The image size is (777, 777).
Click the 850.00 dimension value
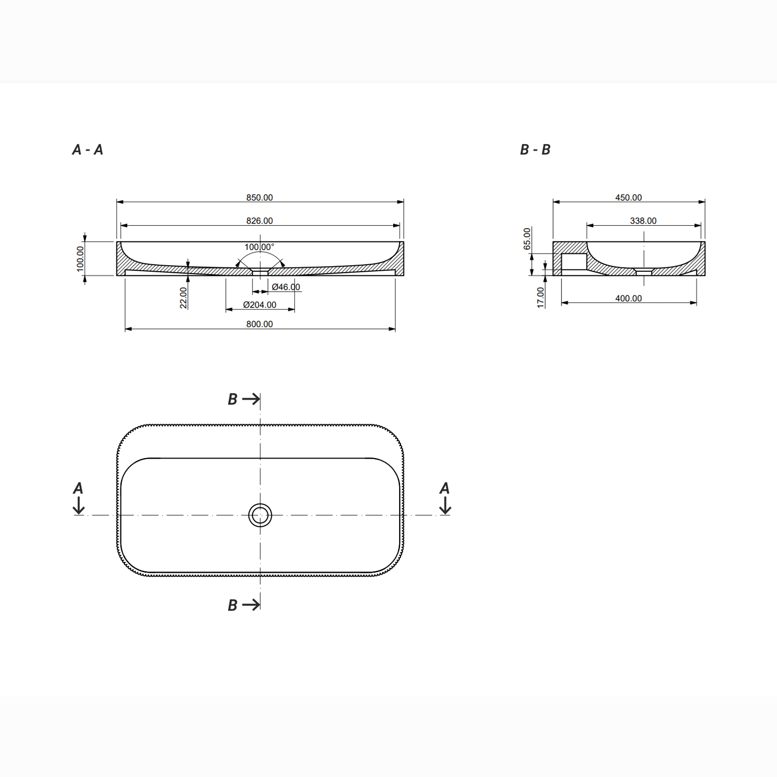pyautogui.click(x=259, y=197)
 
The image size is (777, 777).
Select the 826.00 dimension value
pyautogui.click(x=259, y=221)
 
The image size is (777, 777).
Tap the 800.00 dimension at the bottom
pyautogui.click(x=259, y=324)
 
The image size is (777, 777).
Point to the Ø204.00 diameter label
pyautogui.click(x=260, y=305)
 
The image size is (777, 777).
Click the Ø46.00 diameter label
pyautogui.click(x=286, y=287)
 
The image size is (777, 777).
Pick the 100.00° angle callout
pyautogui.click(x=259, y=247)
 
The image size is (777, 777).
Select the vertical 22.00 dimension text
pyautogui.click(x=183, y=298)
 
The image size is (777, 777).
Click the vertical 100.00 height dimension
pyautogui.click(x=80, y=259)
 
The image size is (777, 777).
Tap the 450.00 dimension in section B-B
pyautogui.click(x=628, y=197)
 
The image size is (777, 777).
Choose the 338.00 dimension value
pyautogui.click(x=643, y=221)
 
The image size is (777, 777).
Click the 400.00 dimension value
pyautogui.click(x=628, y=299)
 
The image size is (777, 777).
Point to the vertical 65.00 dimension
pyautogui.click(x=527, y=238)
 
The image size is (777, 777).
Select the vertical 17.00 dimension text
pyautogui.click(x=541, y=297)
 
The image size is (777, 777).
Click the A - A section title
pyautogui.click(x=88, y=150)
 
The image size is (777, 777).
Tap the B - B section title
pyautogui.click(x=535, y=150)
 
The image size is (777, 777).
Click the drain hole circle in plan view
pyautogui.click(x=260, y=515)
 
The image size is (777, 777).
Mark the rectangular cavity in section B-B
pyautogui.click(x=574, y=261)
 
